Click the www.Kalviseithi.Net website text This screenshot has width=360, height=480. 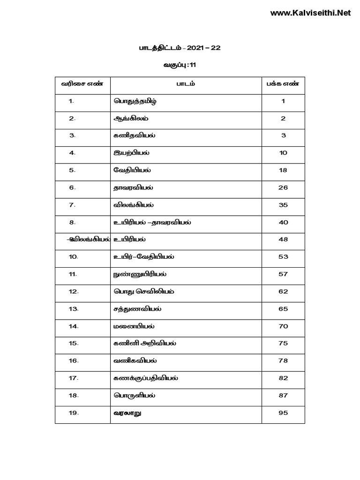310,13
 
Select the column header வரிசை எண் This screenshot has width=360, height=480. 82,84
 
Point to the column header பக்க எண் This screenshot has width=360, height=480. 283,84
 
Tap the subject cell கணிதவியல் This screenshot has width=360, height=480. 135,136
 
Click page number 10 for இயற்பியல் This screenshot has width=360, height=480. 283,153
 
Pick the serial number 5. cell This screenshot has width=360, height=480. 73,170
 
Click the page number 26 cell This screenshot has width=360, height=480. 283,187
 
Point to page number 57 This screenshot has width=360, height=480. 283,274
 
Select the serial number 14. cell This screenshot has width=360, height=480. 74,326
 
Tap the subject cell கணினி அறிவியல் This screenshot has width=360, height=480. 145,344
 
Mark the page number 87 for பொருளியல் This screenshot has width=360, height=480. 283,396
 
